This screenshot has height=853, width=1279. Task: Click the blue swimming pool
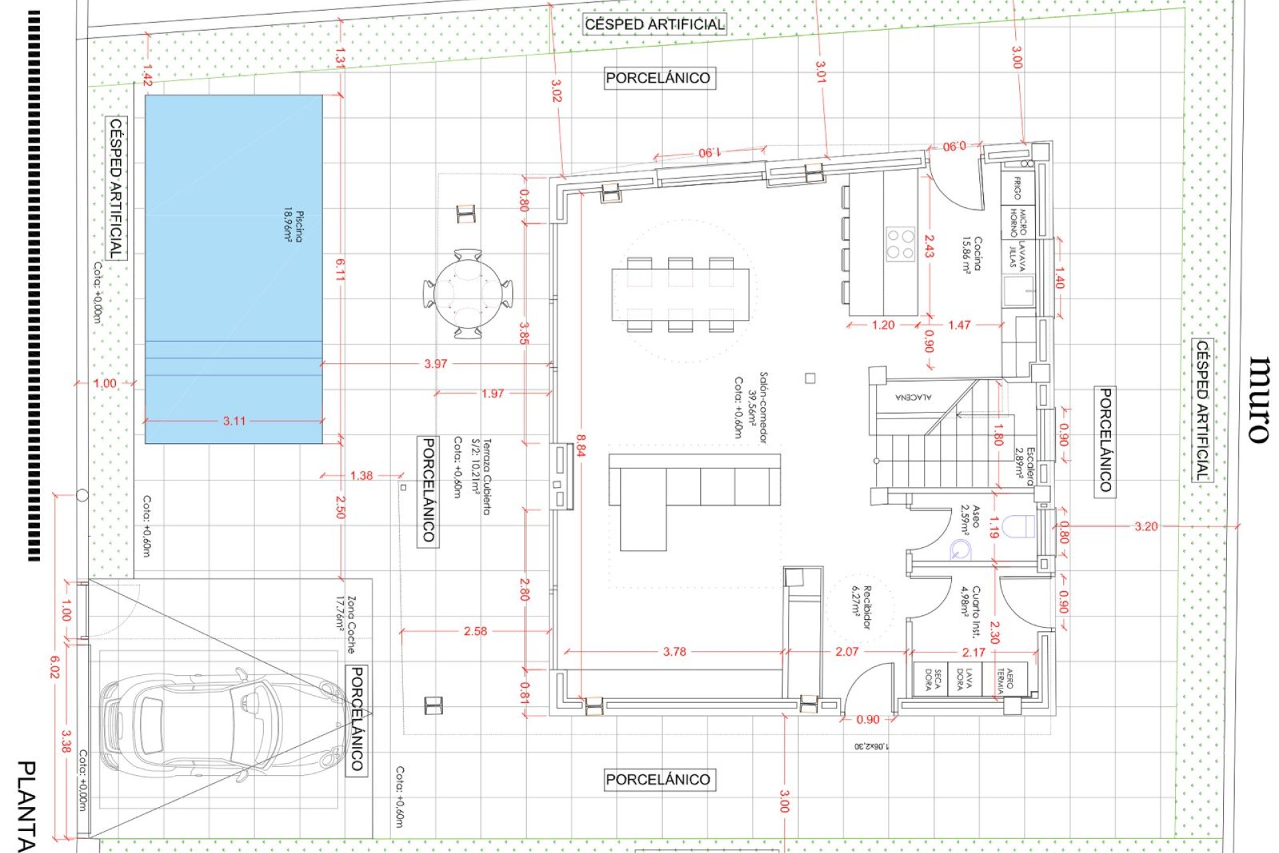tap(233, 267)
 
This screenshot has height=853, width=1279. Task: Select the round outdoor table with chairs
tap(468, 293)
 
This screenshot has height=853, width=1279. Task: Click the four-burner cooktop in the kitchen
tap(900, 244)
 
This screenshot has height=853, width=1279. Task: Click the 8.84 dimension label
tap(581, 446)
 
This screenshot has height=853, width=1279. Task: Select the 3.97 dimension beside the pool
tap(436, 364)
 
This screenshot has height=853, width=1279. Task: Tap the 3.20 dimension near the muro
tap(1146, 526)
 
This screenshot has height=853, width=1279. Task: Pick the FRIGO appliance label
tap(1017, 188)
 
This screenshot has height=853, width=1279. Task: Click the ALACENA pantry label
tap(913, 397)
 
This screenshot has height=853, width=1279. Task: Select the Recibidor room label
tap(862, 607)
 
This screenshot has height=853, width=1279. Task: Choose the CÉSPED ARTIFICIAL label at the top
tap(654, 25)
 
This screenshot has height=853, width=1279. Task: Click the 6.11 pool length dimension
tap(340, 270)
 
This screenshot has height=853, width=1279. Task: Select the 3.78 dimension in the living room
tap(674, 652)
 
